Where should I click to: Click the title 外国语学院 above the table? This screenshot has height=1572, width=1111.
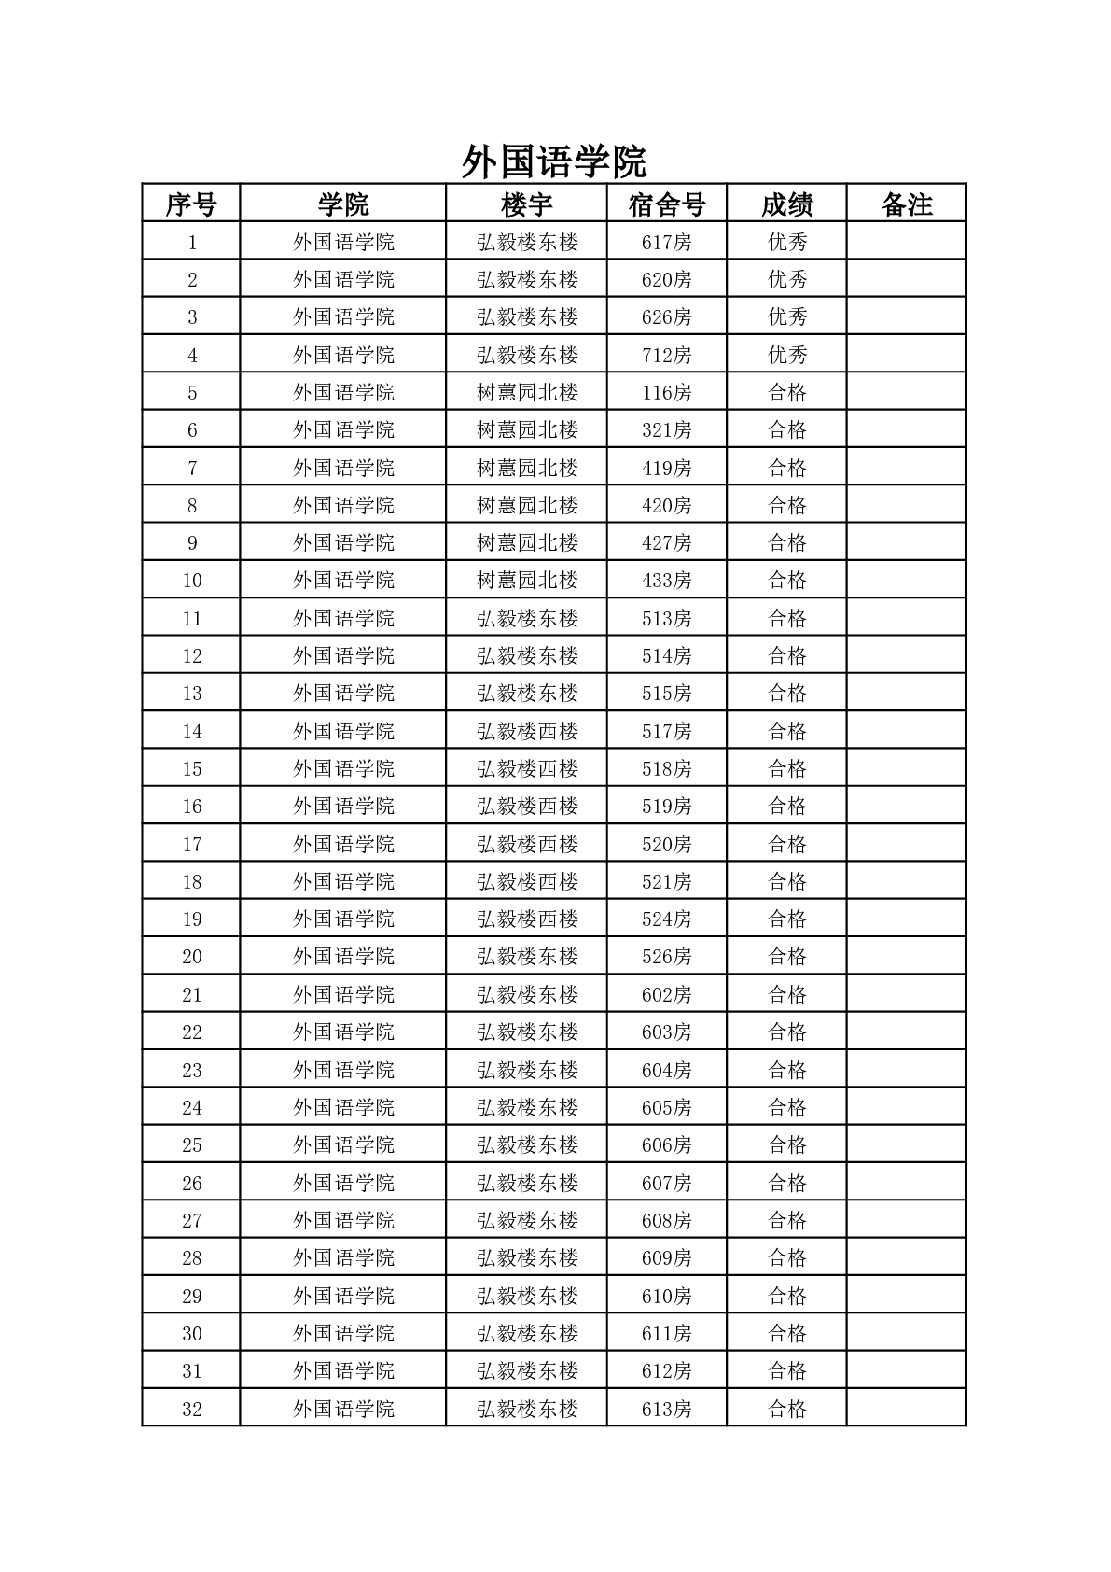554,162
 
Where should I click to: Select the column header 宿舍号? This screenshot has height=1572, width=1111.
666,204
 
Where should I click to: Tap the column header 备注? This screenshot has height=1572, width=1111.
906,204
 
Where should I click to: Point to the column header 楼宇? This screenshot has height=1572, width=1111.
526,204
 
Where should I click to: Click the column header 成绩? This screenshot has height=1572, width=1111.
786,204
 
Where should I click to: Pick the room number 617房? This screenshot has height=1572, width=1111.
666,243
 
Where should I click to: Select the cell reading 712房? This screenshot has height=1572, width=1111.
666,356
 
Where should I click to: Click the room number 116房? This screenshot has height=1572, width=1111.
666,393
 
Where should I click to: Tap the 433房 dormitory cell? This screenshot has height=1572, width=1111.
666,581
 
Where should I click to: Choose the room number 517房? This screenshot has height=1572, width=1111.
666,732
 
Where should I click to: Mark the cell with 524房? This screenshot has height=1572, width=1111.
666,919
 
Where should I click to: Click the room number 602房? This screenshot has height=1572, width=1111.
666,995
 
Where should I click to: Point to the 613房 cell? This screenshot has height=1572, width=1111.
666,1409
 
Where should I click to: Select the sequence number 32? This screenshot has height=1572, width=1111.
192,1409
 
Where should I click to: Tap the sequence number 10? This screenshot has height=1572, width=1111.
192,581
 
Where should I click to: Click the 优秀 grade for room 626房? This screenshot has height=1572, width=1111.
786,317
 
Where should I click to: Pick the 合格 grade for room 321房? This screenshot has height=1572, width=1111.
786,430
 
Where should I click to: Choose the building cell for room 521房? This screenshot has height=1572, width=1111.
527,882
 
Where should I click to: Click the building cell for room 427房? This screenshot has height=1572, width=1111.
527,543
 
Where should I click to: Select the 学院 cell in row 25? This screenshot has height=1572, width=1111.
343,1145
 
